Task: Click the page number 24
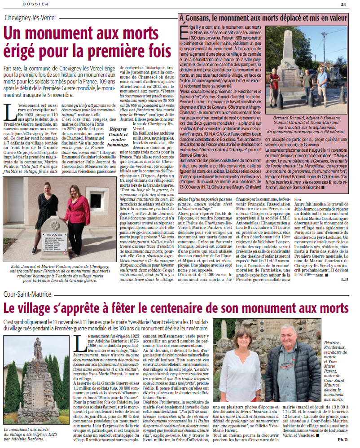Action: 343,4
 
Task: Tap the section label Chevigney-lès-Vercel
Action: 31,18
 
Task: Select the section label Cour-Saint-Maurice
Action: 27,294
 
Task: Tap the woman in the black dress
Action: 48,215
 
